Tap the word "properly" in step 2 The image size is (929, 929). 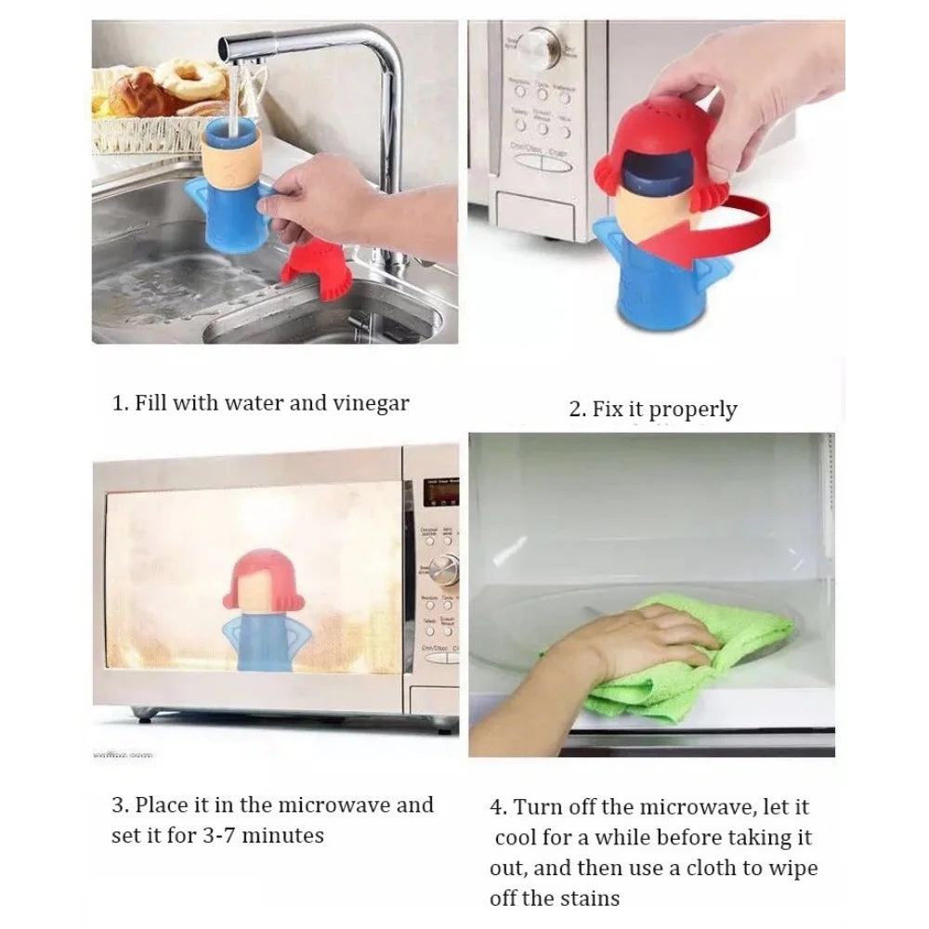(x=693, y=410)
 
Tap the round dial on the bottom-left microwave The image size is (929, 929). (x=447, y=566)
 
